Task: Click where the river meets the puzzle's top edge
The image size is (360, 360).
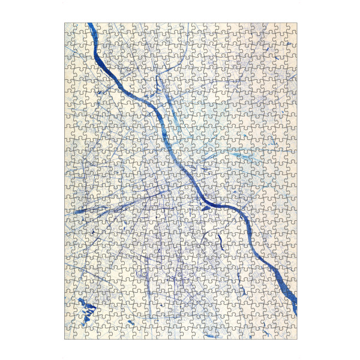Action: pyautogui.click(x=90, y=25)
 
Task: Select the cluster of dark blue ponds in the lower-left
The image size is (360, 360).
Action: pyautogui.click(x=88, y=310)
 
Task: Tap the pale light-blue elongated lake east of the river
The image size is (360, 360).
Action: pyautogui.click(x=243, y=157)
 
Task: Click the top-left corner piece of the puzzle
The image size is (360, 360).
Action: pyautogui.click(x=70, y=28)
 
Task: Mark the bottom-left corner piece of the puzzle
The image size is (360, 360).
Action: pyautogui.click(x=70, y=334)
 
